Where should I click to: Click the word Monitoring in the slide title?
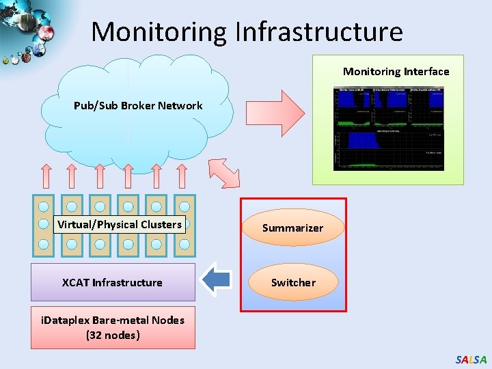click(x=159, y=31)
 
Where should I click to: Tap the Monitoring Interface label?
click(x=396, y=72)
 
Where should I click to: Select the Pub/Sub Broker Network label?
click(x=138, y=106)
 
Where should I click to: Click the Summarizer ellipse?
click(x=293, y=228)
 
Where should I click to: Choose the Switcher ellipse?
click(x=293, y=282)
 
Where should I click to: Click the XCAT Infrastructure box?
click(x=113, y=282)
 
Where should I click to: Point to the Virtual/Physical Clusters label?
click(x=120, y=225)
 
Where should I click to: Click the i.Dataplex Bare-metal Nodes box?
click(x=113, y=327)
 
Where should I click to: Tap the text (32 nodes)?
click(x=113, y=336)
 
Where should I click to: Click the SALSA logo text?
click(x=471, y=359)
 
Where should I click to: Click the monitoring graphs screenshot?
click(x=388, y=128)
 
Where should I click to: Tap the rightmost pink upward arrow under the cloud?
click(x=184, y=176)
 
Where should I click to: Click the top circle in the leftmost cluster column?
click(x=44, y=206)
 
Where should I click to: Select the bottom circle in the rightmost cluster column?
click(x=184, y=244)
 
